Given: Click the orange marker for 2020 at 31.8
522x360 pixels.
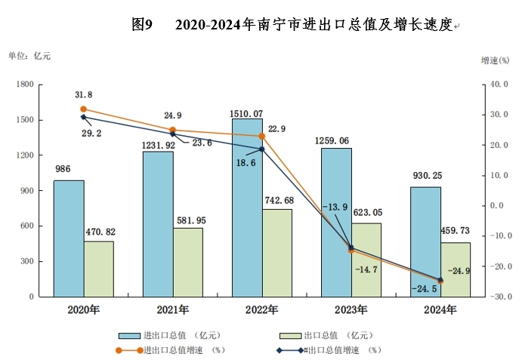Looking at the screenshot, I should (83, 109).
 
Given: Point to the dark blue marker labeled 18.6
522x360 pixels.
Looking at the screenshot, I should (261, 149).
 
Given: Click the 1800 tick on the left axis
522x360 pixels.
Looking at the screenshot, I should (25, 85).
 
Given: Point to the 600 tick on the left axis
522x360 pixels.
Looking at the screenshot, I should (28, 226).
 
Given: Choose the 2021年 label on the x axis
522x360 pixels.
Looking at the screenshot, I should (172, 309).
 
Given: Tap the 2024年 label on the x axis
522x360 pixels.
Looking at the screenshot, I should (440, 309).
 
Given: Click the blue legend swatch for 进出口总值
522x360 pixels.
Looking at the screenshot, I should (128, 334).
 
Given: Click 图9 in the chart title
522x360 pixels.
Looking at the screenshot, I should (142, 25).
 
